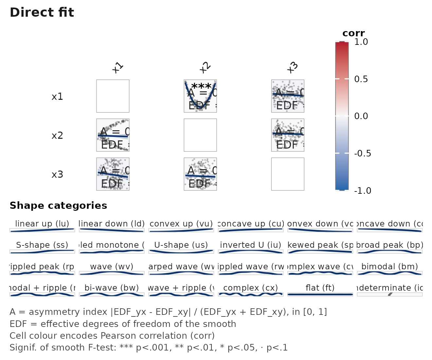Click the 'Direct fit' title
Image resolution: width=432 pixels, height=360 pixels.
tap(42, 12)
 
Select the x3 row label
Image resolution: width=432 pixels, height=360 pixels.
tap(57, 174)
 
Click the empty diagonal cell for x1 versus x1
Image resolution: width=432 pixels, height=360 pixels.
tap(113, 96)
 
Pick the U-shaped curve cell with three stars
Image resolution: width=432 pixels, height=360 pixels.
tap(200, 96)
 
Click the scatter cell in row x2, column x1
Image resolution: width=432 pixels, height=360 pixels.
tap(113, 135)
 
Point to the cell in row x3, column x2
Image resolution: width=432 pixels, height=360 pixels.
tap(200, 174)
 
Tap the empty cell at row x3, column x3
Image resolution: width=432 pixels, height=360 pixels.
tap(288, 174)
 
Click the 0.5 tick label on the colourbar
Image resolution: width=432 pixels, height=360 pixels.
tap(361, 79)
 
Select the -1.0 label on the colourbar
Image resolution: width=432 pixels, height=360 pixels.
tap(363, 190)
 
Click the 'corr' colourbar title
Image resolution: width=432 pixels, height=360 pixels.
tap(353, 33)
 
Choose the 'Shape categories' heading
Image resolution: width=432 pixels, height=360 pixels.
tap(58, 206)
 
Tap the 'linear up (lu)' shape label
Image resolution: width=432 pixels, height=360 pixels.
tap(42, 224)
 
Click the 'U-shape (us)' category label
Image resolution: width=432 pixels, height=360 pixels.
tap(181, 245)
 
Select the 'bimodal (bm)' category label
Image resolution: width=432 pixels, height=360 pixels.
tap(389, 266)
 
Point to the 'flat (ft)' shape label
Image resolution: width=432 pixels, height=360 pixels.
tap(320, 288)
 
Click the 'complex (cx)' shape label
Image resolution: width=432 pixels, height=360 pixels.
tap(251, 288)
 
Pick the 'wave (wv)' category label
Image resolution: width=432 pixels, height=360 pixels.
tap(112, 266)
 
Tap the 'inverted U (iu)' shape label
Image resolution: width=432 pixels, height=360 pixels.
tap(251, 245)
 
